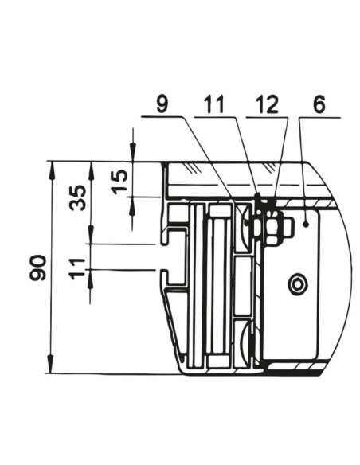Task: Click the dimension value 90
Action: pos(37,268)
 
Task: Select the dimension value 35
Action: pos(78,197)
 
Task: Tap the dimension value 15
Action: pos(119,182)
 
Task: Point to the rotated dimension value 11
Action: pos(77,268)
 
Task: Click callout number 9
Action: pos(162,104)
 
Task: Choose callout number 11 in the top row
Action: pos(214,104)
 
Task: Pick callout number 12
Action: pos(267,104)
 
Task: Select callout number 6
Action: pos(319,104)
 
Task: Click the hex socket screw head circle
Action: pos(297,283)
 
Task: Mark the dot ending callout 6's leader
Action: pos(307,225)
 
